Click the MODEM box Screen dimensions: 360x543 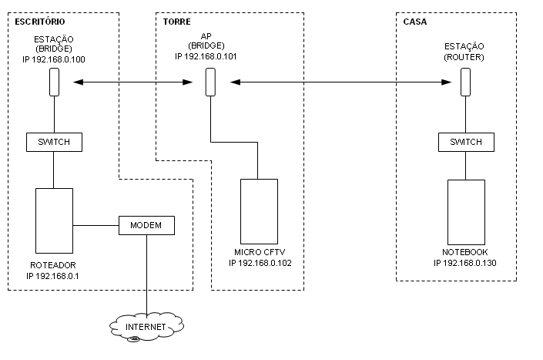tap(146, 225)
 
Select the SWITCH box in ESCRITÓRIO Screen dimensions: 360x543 tap(54, 142)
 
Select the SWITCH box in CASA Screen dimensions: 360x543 tap(466, 142)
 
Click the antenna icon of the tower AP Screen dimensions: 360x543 tap(210, 82)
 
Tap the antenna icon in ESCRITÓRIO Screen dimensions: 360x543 tap(54, 82)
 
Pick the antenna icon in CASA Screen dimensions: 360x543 tap(466, 82)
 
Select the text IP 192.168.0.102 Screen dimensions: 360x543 tap(260, 263)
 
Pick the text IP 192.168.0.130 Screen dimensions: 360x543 tap(466, 263)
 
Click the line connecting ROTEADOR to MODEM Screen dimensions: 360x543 tap(96, 225)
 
